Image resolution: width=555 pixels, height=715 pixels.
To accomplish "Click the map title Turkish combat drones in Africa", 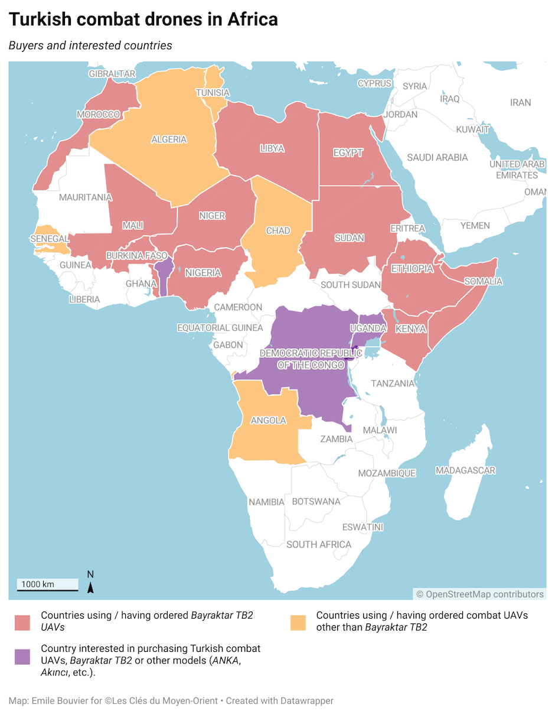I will click(143, 19).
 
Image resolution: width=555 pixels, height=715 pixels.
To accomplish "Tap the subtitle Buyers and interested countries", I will click(90, 45).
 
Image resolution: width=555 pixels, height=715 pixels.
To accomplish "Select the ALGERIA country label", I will click(169, 140).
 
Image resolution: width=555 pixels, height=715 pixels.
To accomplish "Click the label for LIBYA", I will click(272, 148).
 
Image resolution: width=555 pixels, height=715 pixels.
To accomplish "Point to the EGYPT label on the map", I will click(348, 152).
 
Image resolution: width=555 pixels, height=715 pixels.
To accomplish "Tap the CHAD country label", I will click(278, 230).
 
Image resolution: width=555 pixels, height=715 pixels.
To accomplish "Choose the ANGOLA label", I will click(268, 421).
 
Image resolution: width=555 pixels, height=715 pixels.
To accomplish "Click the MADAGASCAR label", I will click(465, 470).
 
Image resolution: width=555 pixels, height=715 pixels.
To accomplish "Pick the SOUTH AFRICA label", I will click(318, 544).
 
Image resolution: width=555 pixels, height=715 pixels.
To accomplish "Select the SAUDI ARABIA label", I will click(437, 157).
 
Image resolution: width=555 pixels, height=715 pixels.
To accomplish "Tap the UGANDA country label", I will click(368, 328).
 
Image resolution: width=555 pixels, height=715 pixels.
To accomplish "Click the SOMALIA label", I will click(483, 281).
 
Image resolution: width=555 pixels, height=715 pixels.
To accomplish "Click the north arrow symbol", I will click(90, 584).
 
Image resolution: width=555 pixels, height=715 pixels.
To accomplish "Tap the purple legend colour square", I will click(22, 656).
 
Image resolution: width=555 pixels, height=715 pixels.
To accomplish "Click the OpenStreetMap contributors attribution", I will click(479, 594).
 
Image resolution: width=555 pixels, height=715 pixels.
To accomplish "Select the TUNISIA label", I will click(213, 93).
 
